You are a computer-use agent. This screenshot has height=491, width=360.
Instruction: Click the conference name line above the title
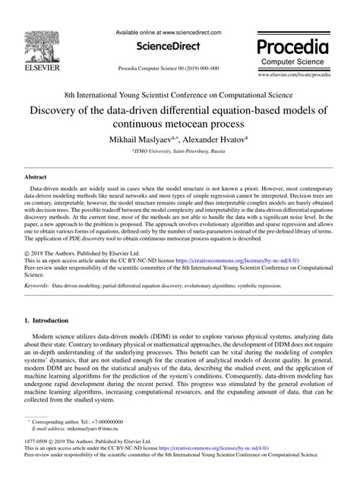tap(179, 97)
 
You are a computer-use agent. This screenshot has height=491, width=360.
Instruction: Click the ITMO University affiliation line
tap(179, 152)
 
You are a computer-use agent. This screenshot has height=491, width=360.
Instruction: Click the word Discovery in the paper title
tap(57, 111)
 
